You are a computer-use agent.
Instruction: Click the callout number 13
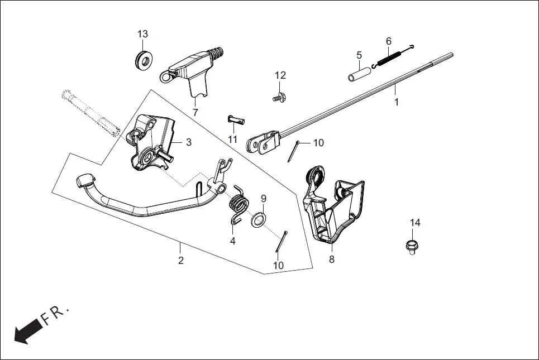pos(143,34)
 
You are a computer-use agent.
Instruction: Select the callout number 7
pos(195,113)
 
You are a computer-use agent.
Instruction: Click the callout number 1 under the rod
pos(397,103)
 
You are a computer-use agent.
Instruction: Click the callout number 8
pos(331,260)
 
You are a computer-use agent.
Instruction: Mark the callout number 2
pos(180,260)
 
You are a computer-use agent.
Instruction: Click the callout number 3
pos(189,142)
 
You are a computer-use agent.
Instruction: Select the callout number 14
pos(415,223)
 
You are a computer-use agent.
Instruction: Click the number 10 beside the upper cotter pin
pos(318,143)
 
